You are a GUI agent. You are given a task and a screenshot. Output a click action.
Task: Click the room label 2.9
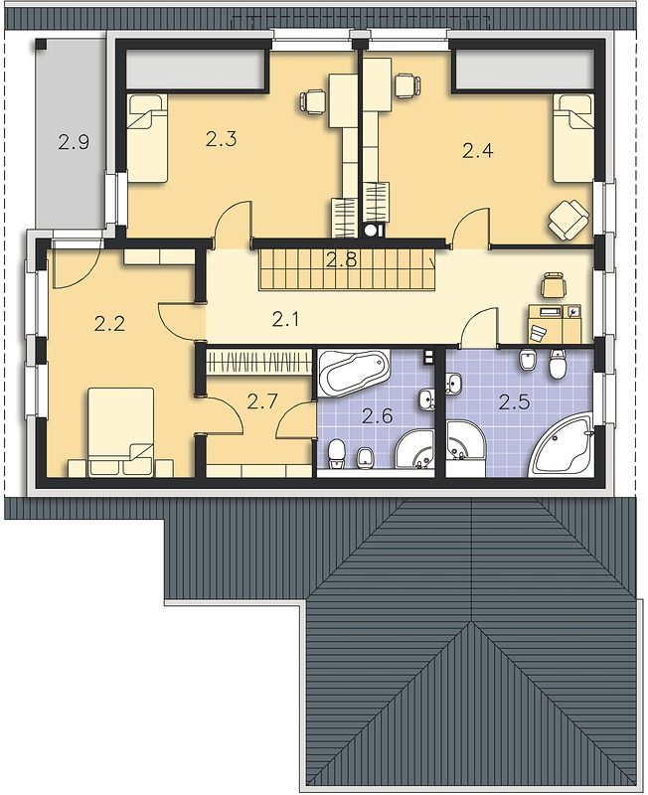pos(74,142)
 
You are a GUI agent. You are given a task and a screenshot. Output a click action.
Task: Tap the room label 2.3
pos(221,138)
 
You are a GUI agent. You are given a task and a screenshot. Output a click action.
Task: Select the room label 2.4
pos(478,151)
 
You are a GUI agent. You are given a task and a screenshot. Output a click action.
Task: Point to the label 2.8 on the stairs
pos(341,260)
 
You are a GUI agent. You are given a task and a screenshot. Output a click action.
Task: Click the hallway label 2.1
pos(286,319)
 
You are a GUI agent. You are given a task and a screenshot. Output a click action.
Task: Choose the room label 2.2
pos(109,323)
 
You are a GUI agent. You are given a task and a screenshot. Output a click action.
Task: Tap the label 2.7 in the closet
pos(262,401)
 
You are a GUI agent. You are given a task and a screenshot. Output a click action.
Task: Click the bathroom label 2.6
pos(378,416)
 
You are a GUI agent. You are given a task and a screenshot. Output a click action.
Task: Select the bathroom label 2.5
pos(514,402)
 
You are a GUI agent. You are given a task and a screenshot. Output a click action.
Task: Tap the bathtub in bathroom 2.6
pos(353,373)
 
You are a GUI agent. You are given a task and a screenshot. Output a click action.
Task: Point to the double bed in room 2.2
pos(120,432)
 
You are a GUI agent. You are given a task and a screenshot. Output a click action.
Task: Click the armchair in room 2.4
pos(568,218)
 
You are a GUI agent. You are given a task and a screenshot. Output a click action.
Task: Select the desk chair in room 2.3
pos(313,101)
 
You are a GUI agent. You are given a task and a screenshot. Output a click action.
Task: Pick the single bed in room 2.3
pos(147,137)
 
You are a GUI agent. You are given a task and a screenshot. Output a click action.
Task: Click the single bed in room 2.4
pos(572,137)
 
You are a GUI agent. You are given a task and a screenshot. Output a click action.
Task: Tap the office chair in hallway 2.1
pos(554,285)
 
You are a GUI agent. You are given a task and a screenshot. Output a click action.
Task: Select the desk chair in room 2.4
pos(407,85)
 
